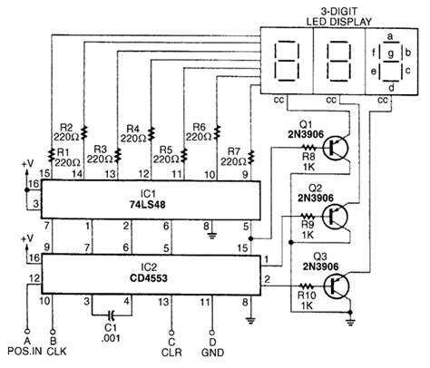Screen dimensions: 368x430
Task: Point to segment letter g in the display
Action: click(391, 55)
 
